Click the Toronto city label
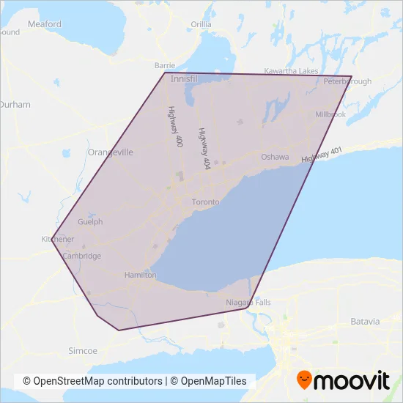pyautogui.click(x=205, y=202)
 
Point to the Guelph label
pyautogui.click(x=89, y=221)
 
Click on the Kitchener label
pyautogui.click(x=58, y=239)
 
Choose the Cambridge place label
pyautogui.click(x=81, y=256)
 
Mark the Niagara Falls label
pyautogui.click(x=249, y=302)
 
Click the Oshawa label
pyautogui.click(x=275, y=157)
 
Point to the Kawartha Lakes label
pyautogui.click(x=292, y=70)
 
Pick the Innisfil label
pyautogui.click(x=184, y=78)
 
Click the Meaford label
pyautogui.click(x=44, y=24)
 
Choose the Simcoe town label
pyautogui.click(x=82, y=351)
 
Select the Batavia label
pyautogui.click(x=365, y=322)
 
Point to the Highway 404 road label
pyautogui.click(x=204, y=149)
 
